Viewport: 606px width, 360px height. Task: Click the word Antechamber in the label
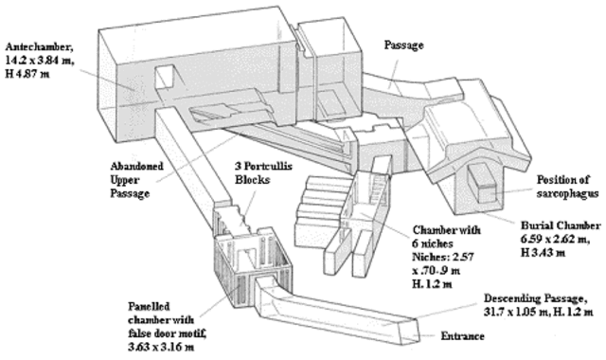tap(39, 47)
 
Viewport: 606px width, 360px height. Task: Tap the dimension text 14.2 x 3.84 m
tap(40, 61)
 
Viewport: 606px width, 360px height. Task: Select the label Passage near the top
tap(403, 45)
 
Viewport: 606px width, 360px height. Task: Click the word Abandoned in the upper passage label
tap(136, 167)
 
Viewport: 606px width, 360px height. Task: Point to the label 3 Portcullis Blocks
tap(263, 172)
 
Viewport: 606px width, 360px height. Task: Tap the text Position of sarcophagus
tap(567, 187)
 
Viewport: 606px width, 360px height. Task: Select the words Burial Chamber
tap(561, 225)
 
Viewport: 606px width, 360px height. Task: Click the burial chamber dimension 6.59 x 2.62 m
tap(555, 239)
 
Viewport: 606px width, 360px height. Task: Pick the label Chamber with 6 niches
tap(446, 237)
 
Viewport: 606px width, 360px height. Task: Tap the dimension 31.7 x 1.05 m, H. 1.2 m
tap(539, 312)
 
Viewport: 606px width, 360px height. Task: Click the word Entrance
tap(463, 336)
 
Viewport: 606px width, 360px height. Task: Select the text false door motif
tap(167, 333)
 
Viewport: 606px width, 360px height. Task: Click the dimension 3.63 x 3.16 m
tap(161, 347)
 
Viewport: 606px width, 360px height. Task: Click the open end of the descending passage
tap(415, 332)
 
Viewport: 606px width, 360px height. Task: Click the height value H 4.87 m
tap(27, 74)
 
